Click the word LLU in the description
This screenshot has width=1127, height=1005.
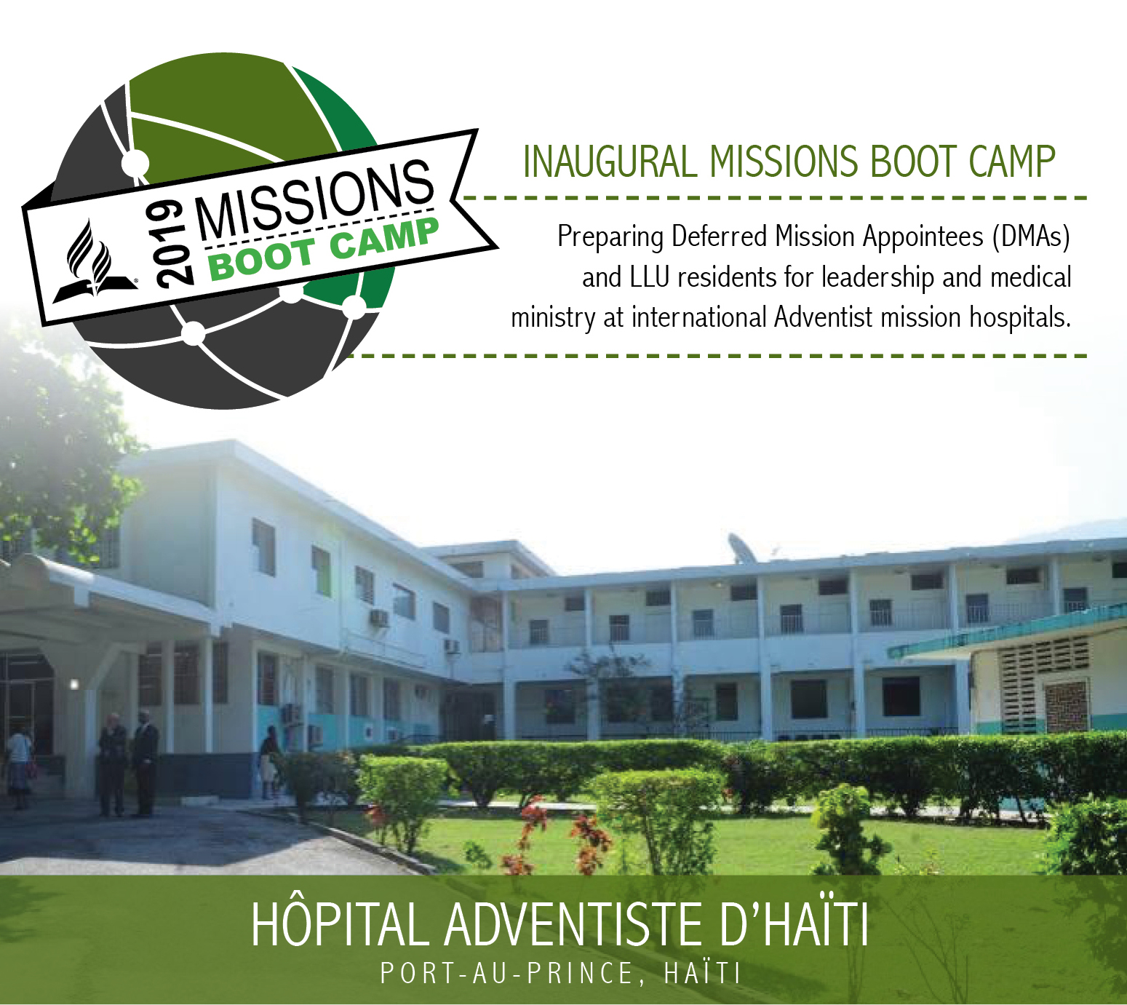648,277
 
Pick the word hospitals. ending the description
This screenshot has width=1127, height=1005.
1020,318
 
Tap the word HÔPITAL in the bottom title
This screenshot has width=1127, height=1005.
340,925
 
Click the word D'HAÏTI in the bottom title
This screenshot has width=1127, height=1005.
794,925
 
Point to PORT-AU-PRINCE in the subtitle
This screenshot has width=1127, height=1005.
506,973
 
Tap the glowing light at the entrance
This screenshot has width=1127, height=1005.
74,683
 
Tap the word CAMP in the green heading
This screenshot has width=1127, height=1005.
1013,162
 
